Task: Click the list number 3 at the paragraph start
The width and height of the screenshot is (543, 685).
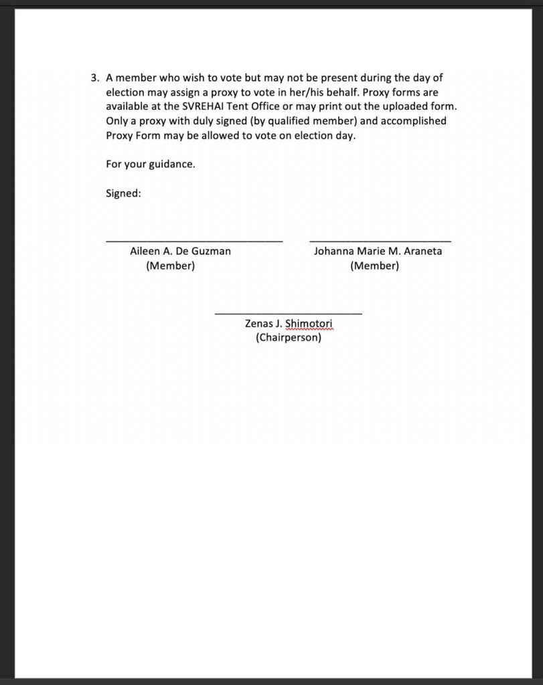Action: coord(94,78)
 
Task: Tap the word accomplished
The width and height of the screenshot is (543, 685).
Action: coord(404,121)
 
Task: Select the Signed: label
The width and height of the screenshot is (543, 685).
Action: coord(123,193)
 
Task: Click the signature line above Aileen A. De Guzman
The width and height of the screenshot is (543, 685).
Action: coord(194,240)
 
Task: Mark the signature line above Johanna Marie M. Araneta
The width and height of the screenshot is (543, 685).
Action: coord(380,240)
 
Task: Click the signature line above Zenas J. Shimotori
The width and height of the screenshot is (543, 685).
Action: coord(288,313)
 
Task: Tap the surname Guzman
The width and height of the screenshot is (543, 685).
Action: coord(211,252)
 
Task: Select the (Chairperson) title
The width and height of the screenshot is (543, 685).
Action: coord(289,338)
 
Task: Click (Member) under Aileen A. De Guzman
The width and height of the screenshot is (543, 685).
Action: coord(170,266)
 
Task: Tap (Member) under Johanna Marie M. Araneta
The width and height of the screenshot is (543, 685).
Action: coord(374,266)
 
